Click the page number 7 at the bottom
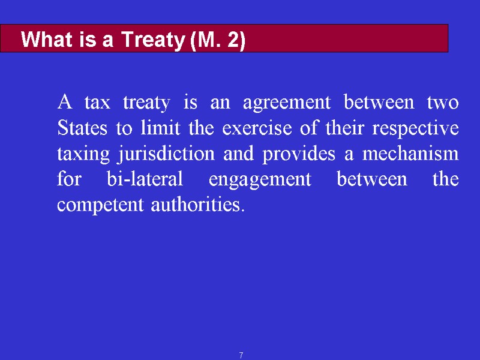pyautogui.click(x=241, y=355)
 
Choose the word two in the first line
pyautogui.click(x=443, y=103)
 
